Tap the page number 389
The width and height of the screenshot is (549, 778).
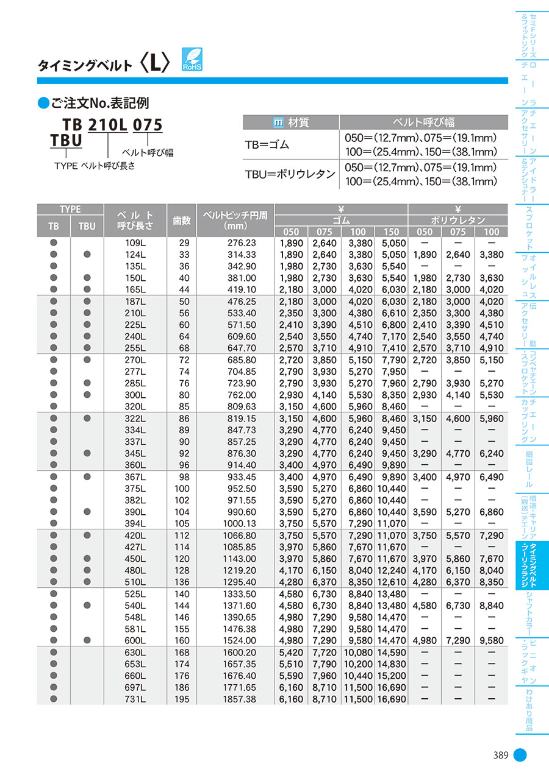(x=501, y=755)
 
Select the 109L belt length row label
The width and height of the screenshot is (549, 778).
(x=135, y=243)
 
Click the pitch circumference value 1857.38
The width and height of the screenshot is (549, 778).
(x=240, y=699)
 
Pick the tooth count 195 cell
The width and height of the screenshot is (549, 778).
(x=182, y=699)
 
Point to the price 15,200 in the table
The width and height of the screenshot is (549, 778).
(x=391, y=676)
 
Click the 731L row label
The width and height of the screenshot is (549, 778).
(x=135, y=699)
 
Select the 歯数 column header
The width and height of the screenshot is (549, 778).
(x=182, y=221)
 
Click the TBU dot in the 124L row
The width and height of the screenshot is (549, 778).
(x=87, y=255)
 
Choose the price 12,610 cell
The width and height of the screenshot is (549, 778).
(x=391, y=582)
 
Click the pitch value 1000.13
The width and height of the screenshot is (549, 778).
(x=240, y=523)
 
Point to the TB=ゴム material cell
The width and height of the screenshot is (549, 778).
(x=267, y=144)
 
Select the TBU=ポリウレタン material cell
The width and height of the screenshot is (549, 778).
(x=290, y=174)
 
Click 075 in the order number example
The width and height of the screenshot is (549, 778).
(x=148, y=125)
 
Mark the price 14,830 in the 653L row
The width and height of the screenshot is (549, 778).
(x=391, y=664)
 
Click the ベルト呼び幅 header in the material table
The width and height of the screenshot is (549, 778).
(x=423, y=122)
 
